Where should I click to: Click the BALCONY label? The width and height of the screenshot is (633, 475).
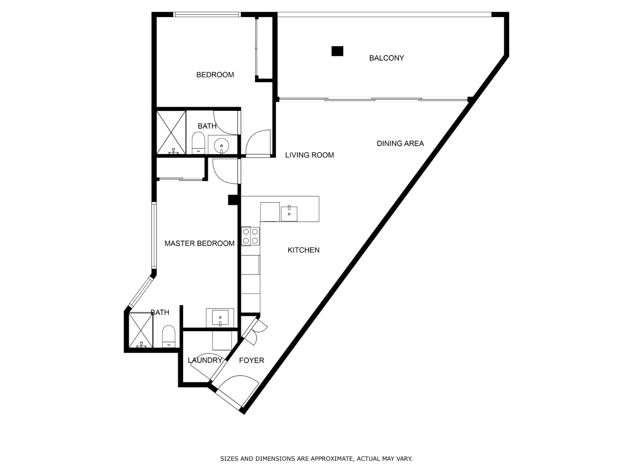click(x=386, y=58)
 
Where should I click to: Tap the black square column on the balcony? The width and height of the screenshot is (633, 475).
click(x=337, y=51)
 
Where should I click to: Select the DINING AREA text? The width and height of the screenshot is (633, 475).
click(x=400, y=143)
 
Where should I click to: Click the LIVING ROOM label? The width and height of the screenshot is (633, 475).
click(x=309, y=155)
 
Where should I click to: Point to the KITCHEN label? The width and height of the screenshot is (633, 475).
click(x=303, y=250)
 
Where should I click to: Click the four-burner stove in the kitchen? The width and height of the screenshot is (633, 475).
click(x=250, y=236)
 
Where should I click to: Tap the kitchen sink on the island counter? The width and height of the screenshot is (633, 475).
click(x=289, y=214)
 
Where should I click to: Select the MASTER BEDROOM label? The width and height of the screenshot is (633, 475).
click(x=199, y=243)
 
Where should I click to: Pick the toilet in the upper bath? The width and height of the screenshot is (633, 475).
click(x=198, y=142)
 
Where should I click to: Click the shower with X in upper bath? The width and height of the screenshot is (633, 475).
click(x=171, y=132)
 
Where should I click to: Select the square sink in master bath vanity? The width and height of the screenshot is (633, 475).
click(x=220, y=317)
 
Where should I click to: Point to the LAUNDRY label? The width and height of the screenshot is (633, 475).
click(x=205, y=360)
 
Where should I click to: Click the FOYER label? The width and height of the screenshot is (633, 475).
click(x=252, y=360)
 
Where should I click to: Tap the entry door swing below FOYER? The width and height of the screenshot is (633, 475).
click(x=237, y=390)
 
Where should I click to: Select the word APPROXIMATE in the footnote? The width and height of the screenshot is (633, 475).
click(x=332, y=459)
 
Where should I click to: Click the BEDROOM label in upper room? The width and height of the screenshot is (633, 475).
click(x=215, y=74)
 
